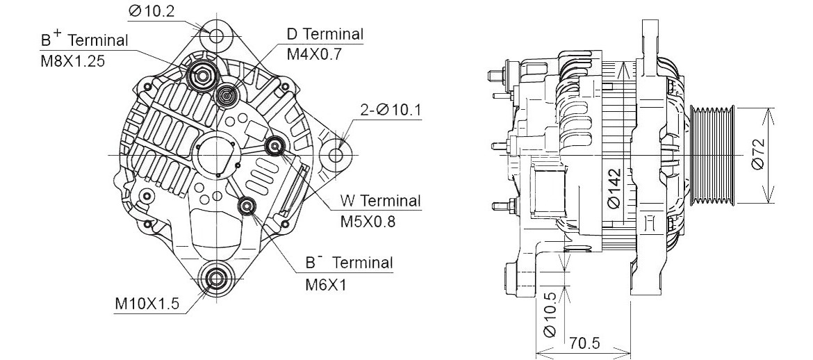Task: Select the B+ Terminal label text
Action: tap(85, 40)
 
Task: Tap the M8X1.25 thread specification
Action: tap(72, 60)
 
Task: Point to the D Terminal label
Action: tap(325, 34)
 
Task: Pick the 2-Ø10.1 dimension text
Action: tap(391, 110)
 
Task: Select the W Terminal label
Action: tap(380, 202)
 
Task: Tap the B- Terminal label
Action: tap(349, 263)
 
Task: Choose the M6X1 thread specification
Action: tap(326, 284)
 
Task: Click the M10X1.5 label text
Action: tap(147, 304)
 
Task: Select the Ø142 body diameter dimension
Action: tap(612, 188)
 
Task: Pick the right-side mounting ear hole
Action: tap(339, 153)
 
